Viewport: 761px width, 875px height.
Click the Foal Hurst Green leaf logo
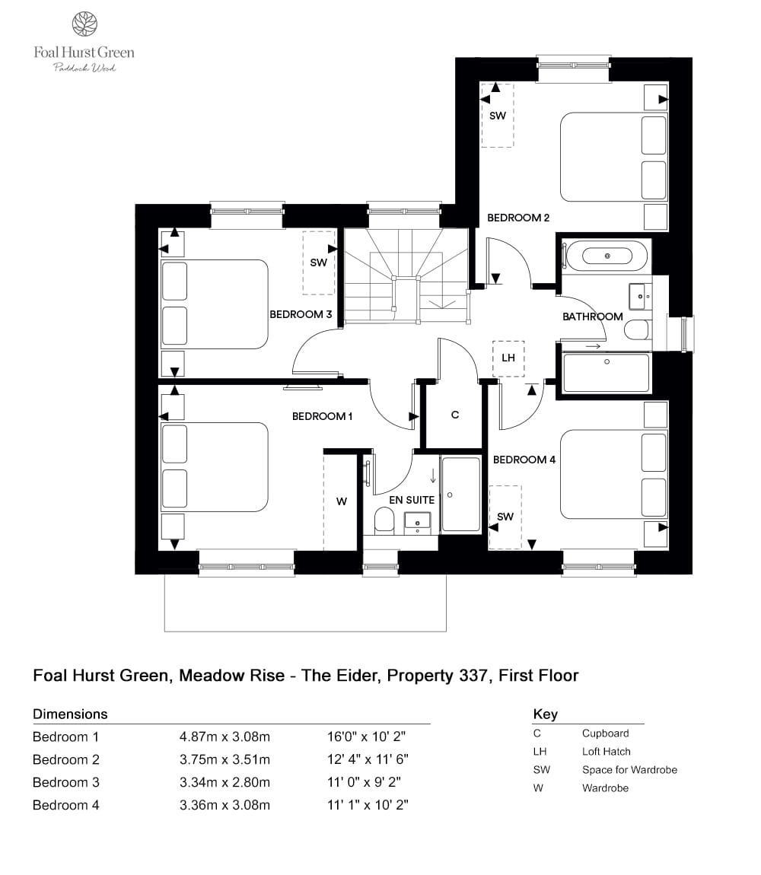pos(84,24)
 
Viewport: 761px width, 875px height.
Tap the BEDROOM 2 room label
pos(518,218)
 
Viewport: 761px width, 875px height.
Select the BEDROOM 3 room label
pos(301,314)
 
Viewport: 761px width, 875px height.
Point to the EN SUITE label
pos(411,500)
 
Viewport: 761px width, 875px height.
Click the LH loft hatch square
pos(508,358)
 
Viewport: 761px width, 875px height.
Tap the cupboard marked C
pos(455,415)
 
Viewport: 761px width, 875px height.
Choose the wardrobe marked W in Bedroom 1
pos(341,501)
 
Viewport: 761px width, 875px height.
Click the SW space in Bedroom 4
pos(505,517)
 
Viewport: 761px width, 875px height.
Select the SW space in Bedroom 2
pos(497,116)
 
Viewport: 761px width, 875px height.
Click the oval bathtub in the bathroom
pos(607,256)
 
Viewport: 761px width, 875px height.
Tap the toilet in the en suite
pos(384,520)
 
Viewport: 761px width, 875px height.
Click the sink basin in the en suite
pos(417,521)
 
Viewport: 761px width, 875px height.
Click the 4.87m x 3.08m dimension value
pos(224,737)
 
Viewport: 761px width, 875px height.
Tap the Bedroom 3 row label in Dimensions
pos(66,782)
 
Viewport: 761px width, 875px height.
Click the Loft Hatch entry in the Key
pos(607,751)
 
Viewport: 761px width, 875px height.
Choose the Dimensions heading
pos(70,714)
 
